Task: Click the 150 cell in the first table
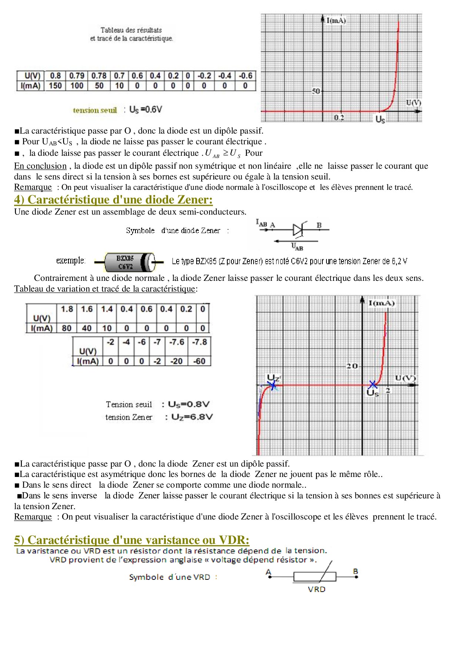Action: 56,86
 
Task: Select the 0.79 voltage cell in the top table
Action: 77,76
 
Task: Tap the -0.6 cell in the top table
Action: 245,76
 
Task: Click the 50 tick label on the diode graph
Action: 316,91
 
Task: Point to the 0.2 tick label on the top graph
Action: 339,117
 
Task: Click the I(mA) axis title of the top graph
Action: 336,21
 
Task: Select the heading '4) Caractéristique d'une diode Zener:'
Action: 113,200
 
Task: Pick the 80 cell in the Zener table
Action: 67,328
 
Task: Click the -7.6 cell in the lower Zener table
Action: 177,342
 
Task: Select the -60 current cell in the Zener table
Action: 200,361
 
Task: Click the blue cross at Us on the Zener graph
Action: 373,385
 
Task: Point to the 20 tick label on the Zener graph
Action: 352,366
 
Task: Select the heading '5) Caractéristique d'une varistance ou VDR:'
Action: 132,540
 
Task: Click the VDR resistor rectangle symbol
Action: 315,576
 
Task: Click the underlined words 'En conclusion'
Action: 40,166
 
